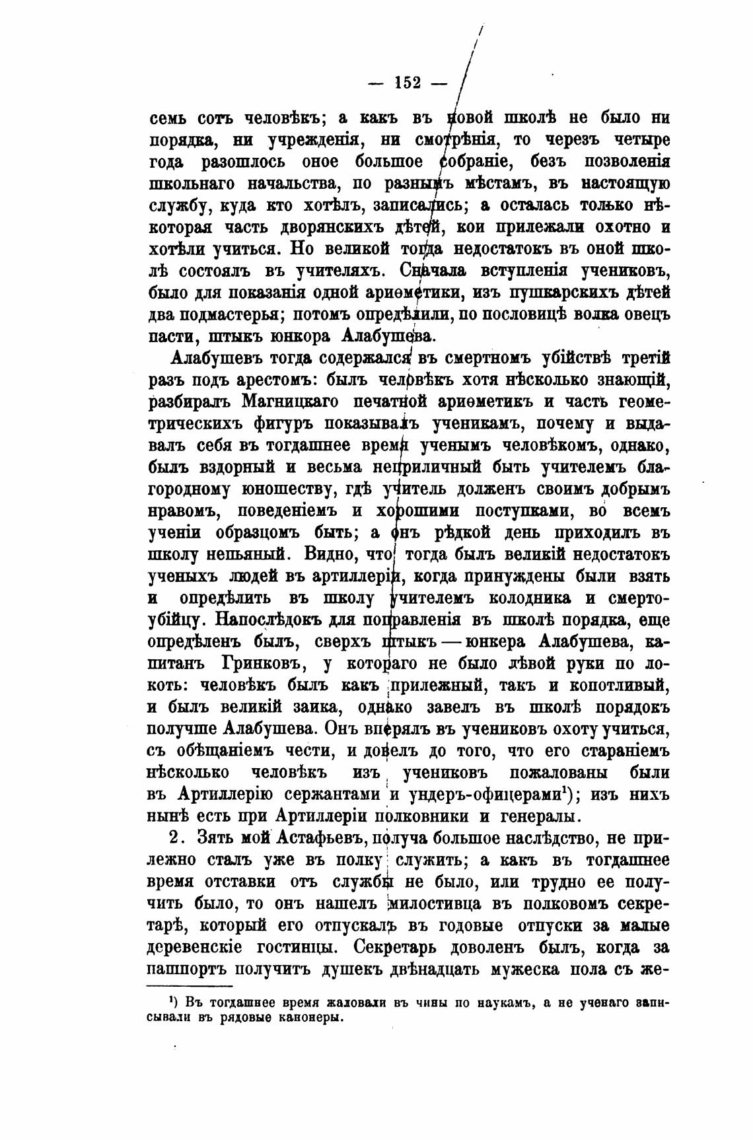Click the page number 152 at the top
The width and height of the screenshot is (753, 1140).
408,83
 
